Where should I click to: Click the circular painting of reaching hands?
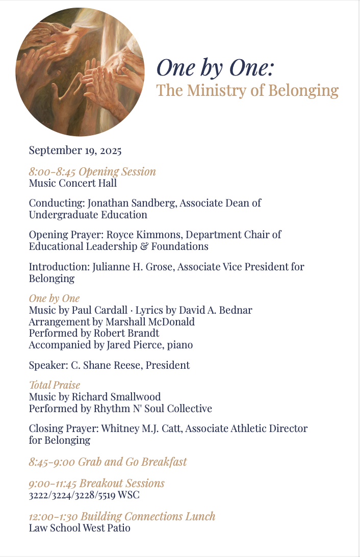point(80,72)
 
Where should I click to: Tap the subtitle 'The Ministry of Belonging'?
point(247,91)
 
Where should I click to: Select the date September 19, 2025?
point(75,150)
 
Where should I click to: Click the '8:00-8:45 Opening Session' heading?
point(92,171)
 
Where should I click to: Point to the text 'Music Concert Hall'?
point(73,183)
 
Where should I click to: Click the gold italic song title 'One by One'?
point(54,298)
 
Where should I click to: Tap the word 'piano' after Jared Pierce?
point(182,345)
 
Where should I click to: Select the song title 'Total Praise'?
point(55,385)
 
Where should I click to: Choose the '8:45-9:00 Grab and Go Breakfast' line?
point(108,462)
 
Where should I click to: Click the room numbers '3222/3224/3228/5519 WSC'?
point(84,495)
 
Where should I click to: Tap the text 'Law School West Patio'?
point(80,528)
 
